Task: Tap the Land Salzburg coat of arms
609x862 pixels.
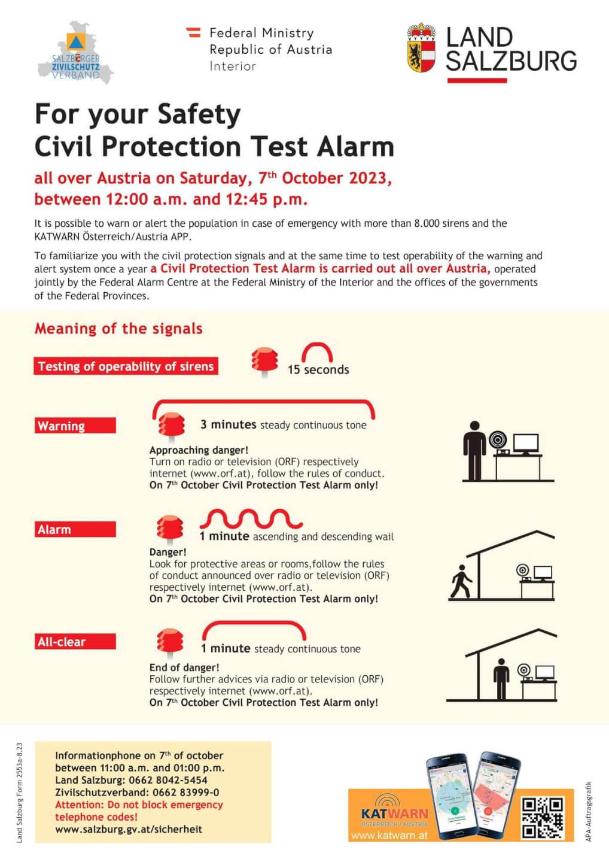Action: click(421, 48)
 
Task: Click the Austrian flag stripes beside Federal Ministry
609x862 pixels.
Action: click(194, 32)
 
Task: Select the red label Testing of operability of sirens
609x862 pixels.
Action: click(126, 366)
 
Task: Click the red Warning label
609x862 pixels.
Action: click(75, 426)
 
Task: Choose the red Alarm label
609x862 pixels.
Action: click(75, 529)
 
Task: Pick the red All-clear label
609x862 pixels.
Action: click(75, 642)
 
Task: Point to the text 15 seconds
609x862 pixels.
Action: click(318, 370)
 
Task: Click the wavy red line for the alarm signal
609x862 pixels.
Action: click(251, 518)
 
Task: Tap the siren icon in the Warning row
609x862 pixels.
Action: click(171, 426)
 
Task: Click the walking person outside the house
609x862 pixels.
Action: click(461, 582)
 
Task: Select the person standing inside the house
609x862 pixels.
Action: click(501, 678)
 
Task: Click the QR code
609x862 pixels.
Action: click(543, 817)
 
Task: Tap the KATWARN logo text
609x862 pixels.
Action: click(394, 814)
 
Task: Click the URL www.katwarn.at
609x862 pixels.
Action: click(389, 835)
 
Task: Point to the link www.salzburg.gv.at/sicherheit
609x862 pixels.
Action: click(129, 829)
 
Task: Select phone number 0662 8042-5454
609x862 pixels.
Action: click(168, 780)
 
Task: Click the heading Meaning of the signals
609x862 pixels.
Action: click(118, 329)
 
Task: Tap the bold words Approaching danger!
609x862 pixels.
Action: click(199, 450)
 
